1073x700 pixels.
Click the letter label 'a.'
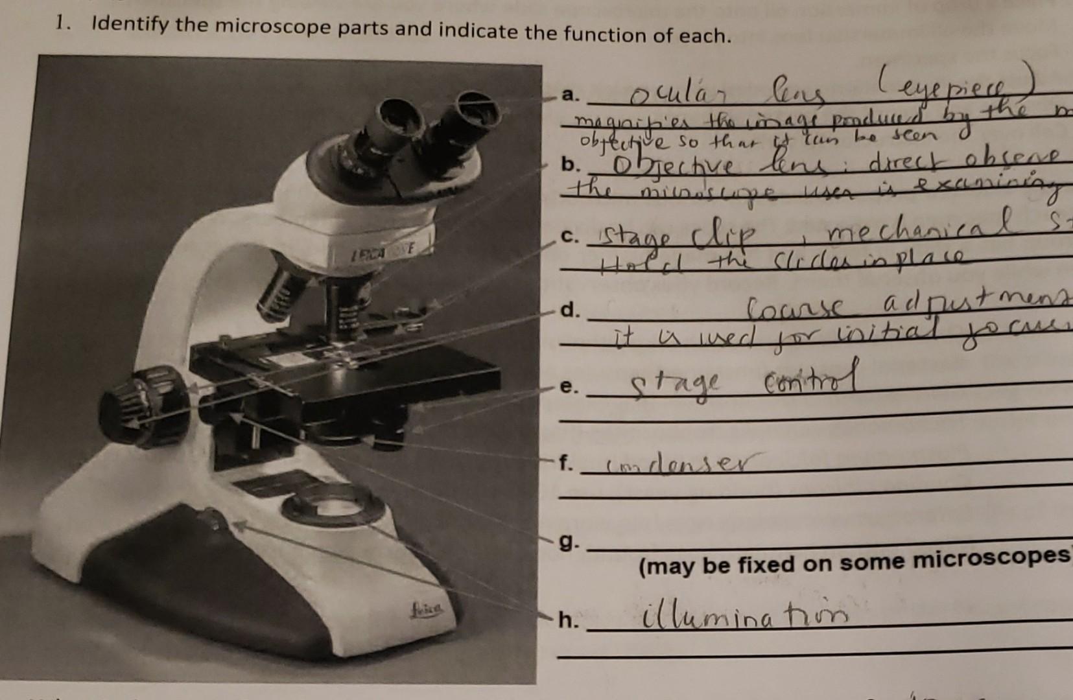click(x=569, y=96)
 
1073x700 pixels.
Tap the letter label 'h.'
click(x=567, y=620)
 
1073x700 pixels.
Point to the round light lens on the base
click(x=329, y=507)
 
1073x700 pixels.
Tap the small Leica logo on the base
click(x=425, y=609)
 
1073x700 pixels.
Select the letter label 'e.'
click(x=568, y=387)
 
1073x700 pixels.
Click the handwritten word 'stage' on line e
click(x=674, y=387)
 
